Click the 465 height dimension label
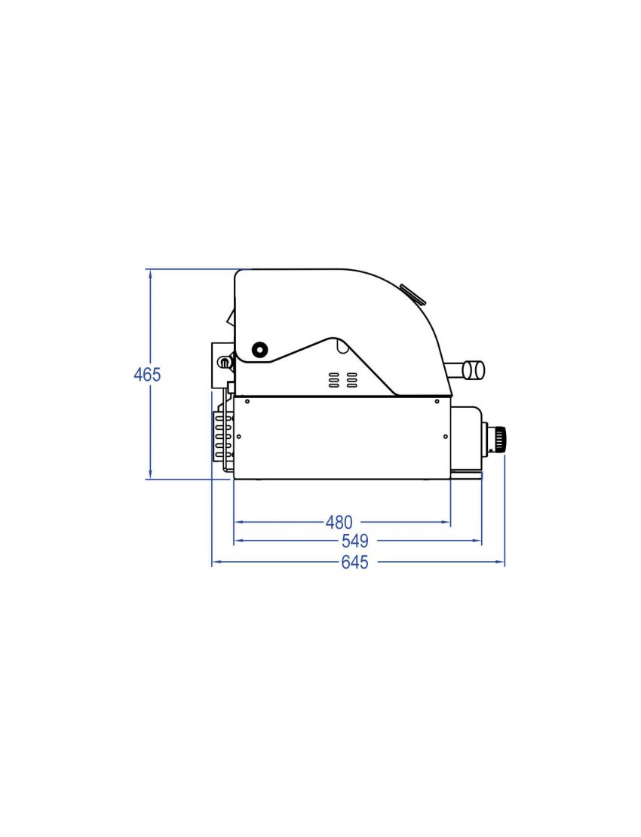147,374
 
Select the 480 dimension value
339,522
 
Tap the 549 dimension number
354,541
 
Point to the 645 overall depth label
354,563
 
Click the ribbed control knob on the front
499,438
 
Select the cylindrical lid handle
473,369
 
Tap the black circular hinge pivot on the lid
259,349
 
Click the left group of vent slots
333,380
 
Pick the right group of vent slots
351,380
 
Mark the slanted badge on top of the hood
413,293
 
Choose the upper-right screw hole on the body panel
436,401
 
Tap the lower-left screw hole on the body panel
238,436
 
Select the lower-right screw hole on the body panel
446,436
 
